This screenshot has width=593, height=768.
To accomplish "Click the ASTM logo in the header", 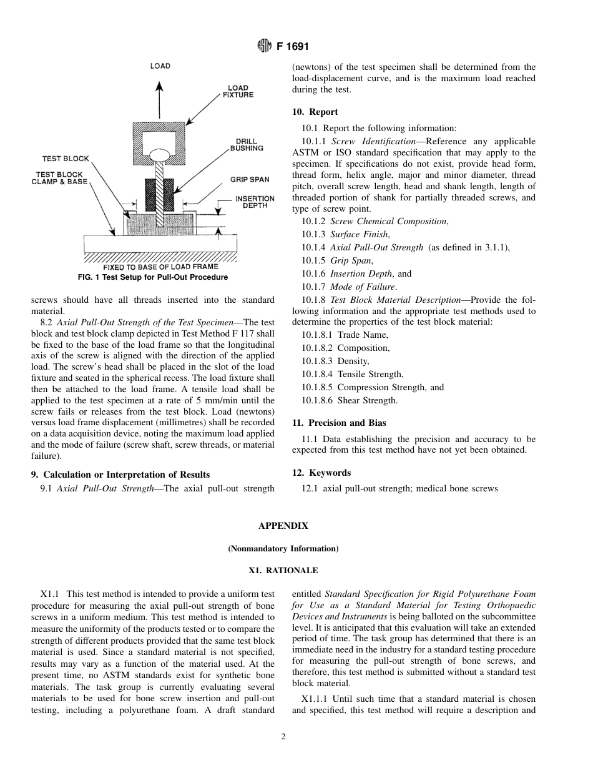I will coord(264,46).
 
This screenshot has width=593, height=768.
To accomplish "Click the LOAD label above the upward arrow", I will coord(160,66).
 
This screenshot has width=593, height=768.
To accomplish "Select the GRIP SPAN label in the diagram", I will coord(249,180).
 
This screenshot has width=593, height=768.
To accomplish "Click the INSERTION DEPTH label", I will coord(255,202).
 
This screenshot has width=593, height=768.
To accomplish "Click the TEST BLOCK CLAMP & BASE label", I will coord(59,179).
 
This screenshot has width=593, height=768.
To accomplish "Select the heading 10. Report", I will coord(315,112).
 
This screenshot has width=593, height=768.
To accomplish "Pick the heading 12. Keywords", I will coord(321,473).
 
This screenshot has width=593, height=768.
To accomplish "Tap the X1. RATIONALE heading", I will coord(283,571).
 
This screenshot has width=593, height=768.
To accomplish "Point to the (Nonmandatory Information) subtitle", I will coord(283,549).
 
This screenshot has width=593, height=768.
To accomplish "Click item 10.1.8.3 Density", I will coord(335,361).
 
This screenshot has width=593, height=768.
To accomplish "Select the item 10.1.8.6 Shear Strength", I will coord(349,400).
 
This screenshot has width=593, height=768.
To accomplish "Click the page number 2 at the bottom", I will coord(283,737).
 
